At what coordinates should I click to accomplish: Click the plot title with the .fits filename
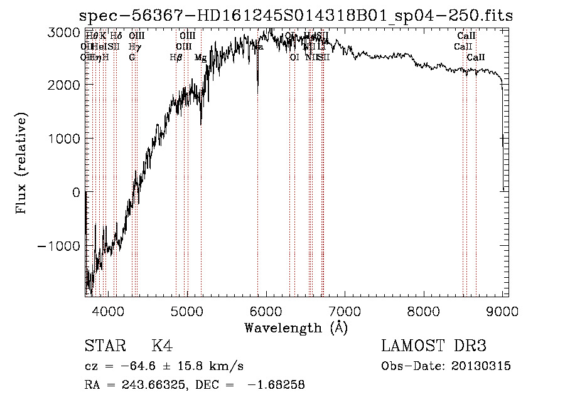(x=296, y=16)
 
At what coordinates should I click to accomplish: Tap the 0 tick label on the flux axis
(x=75, y=192)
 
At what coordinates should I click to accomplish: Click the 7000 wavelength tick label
(x=345, y=309)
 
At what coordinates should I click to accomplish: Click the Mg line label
(x=200, y=58)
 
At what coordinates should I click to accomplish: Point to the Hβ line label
(x=176, y=58)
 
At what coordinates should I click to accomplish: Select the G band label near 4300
(x=132, y=58)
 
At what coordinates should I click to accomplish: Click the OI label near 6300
(x=294, y=58)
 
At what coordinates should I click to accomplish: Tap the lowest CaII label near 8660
(x=476, y=58)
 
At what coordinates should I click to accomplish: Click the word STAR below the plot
(x=104, y=347)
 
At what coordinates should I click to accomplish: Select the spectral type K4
(x=162, y=347)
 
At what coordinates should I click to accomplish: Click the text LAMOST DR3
(x=434, y=347)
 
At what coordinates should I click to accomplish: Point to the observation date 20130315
(x=481, y=366)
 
